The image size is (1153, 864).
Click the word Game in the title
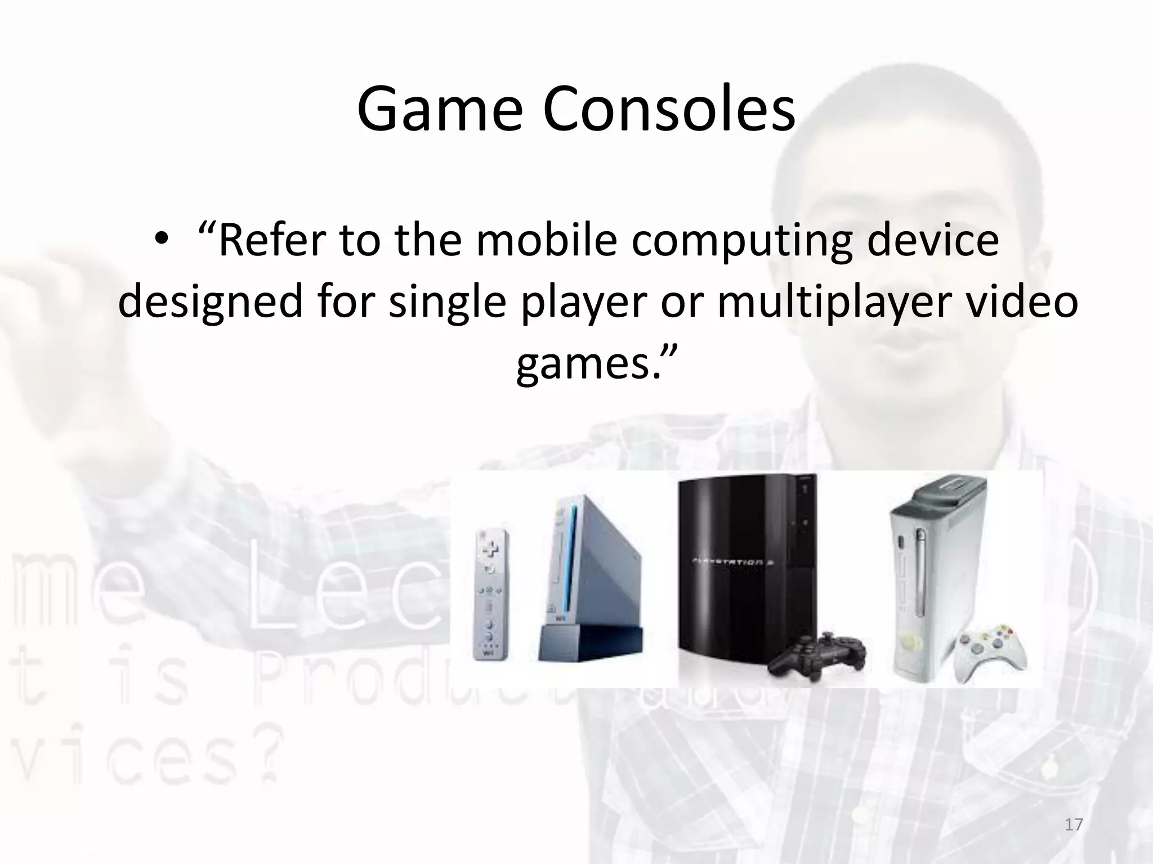[x=439, y=110]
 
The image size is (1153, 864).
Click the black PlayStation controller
[x=819, y=655]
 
